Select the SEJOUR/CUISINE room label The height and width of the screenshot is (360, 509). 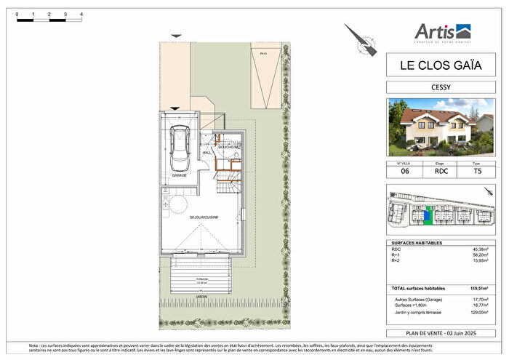point(204,217)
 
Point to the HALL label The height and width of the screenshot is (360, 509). point(207,153)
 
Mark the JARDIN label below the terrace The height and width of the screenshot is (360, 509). point(200,297)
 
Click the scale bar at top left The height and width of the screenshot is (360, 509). point(49,20)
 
